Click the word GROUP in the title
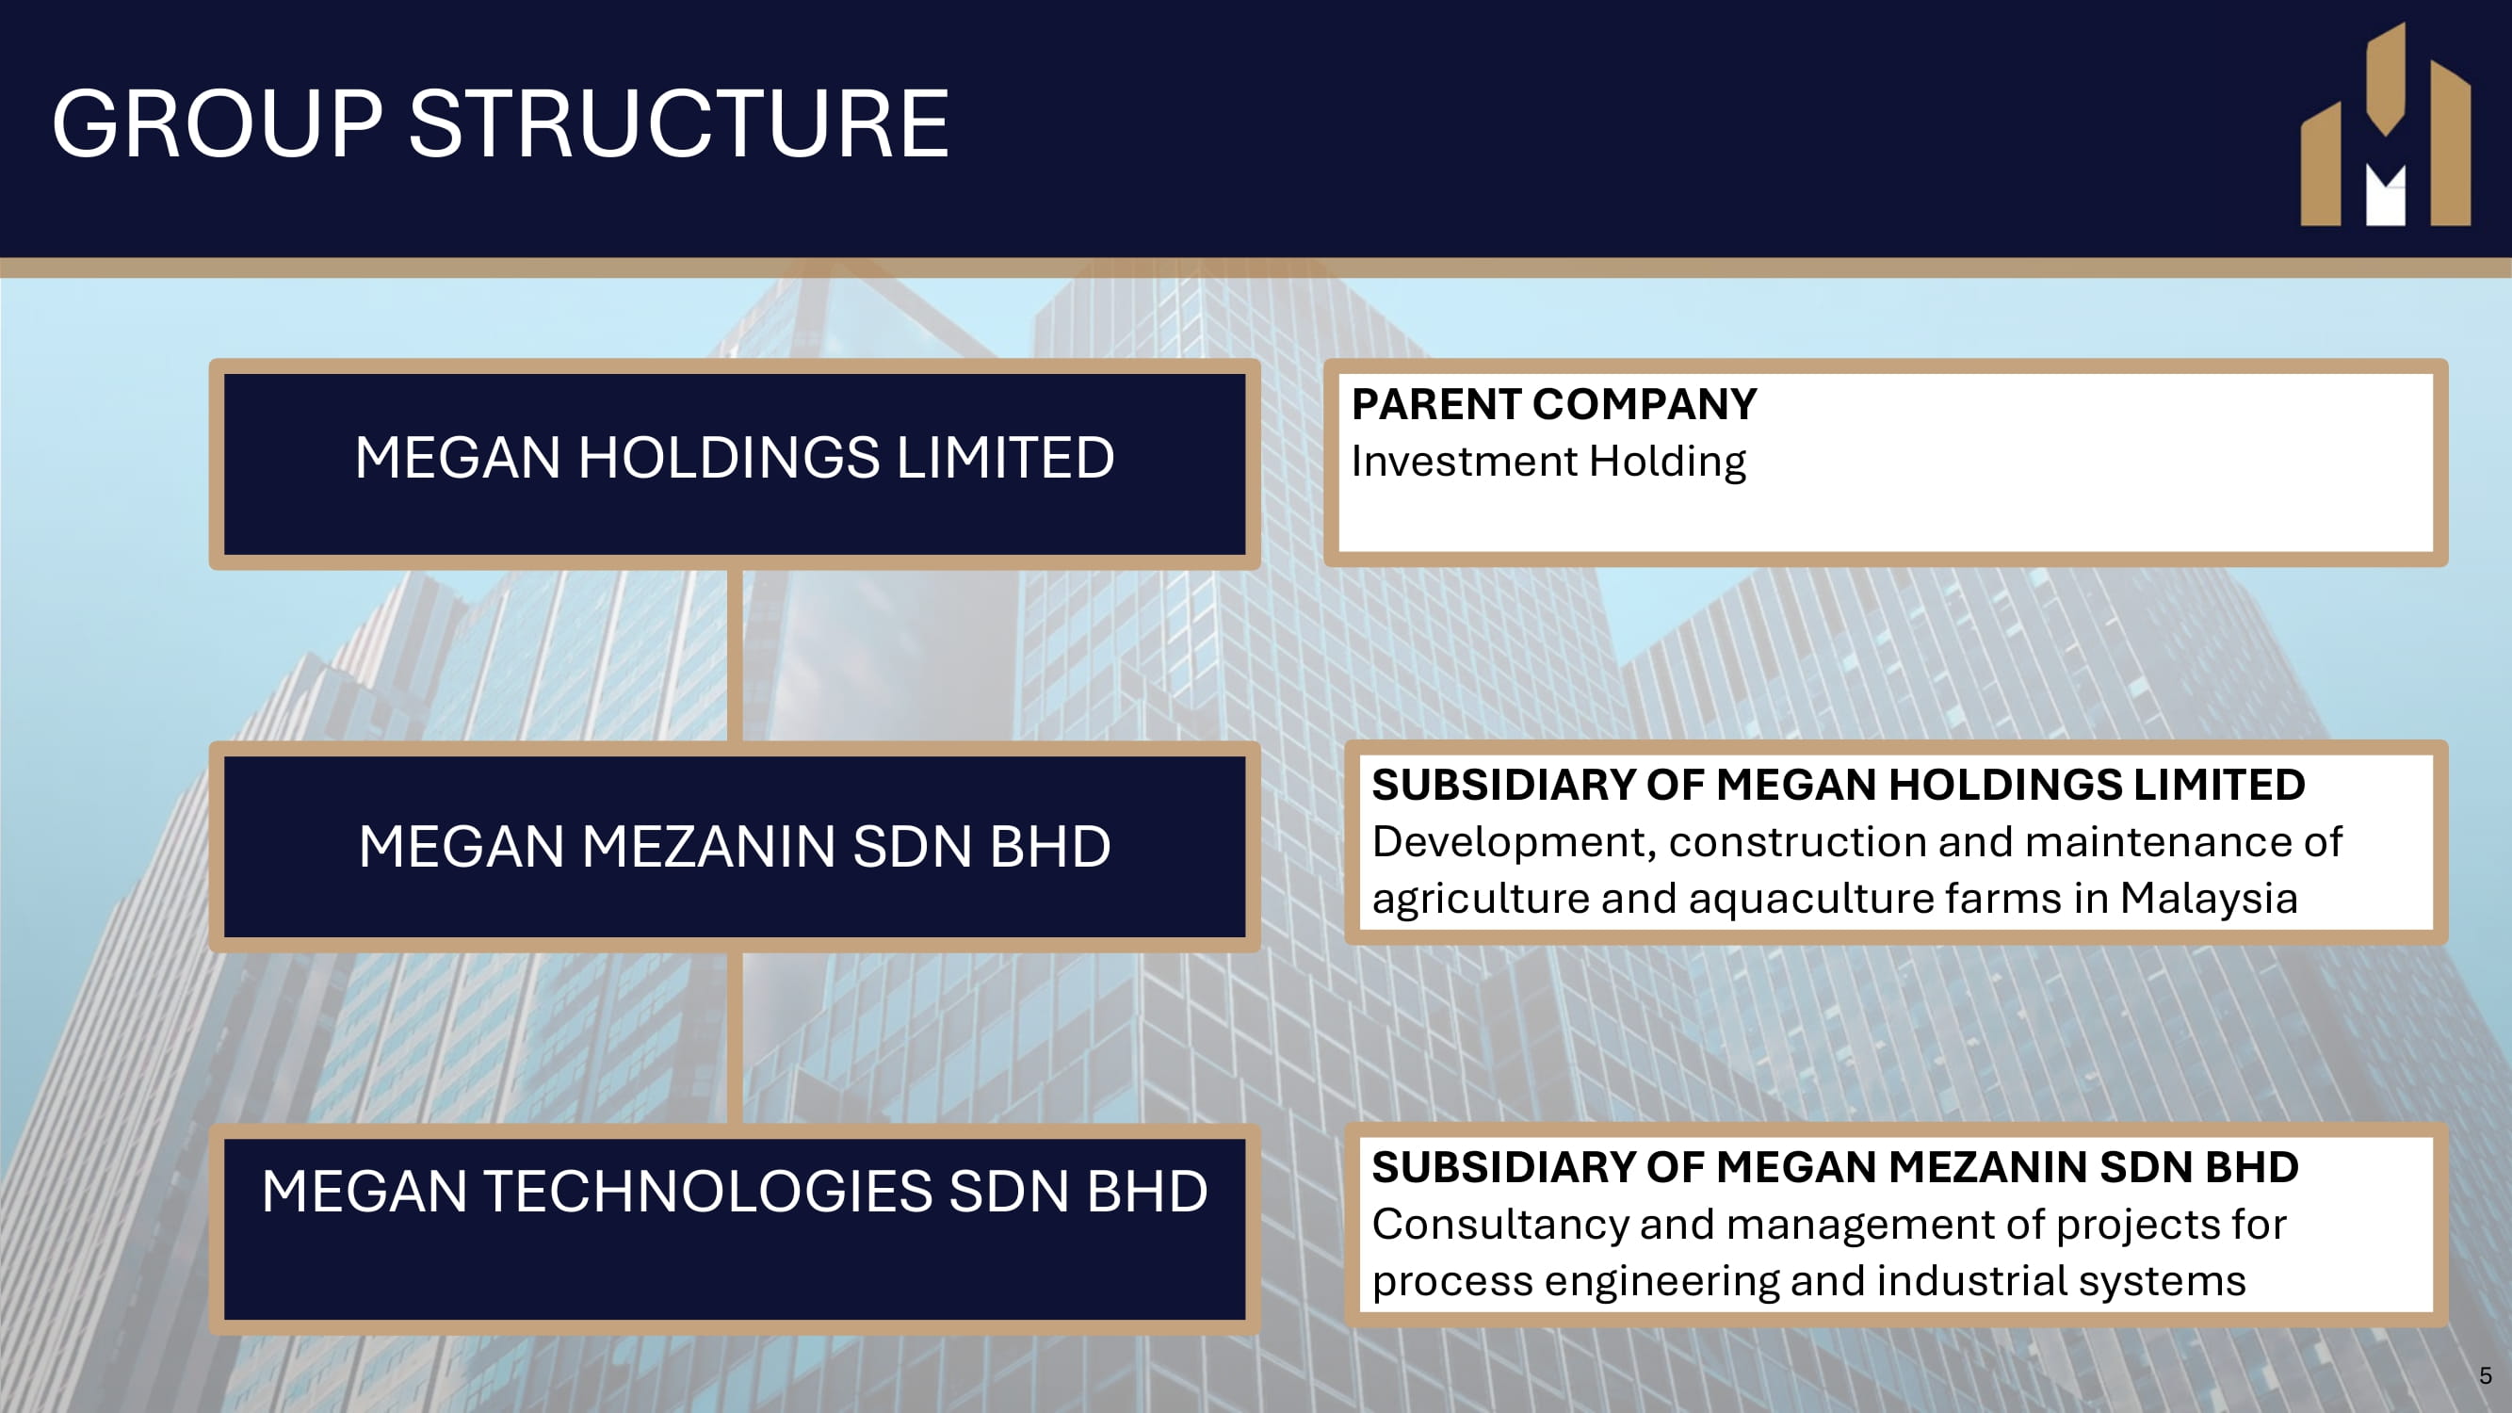pyautogui.click(x=218, y=123)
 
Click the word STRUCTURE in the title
pyautogui.click(x=679, y=123)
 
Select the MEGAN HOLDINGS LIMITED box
pyautogui.click(x=735, y=464)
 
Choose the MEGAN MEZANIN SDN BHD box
pyautogui.click(x=735, y=847)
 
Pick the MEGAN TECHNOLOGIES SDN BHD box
pyautogui.click(x=735, y=1228)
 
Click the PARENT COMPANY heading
pyautogui.click(x=1554, y=404)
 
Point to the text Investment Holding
pyautogui.click(x=1548, y=463)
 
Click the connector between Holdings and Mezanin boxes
pyautogui.click(x=735, y=656)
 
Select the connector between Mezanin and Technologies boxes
pyautogui.click(x=735, y=1037)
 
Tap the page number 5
pyautogui.click(x=2485, y=1376)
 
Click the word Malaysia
pyautogui.click(x=2209, y=899)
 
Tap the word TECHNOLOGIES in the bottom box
pyautogui.click(x=707, y=1192)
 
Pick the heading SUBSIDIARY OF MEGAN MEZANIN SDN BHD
pyautogui.click(x=1835, y=1167)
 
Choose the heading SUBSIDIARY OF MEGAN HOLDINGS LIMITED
pyautogui.click(x=1839, y=785)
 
